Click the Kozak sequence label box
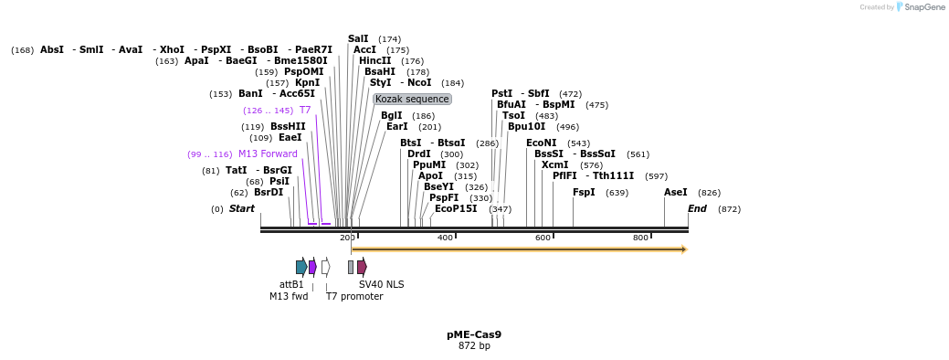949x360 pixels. pos(412,99)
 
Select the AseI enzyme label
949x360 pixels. pos(675,192)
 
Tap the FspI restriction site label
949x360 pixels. pos(584,192)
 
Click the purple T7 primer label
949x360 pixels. pos(305,110)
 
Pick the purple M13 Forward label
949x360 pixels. pos(268,154)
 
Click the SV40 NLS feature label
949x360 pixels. pos(381,284)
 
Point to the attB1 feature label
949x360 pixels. pos(291,284)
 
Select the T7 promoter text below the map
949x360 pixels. pos(354,296)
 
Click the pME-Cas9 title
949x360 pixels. pos(474,334)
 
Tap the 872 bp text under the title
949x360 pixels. pos(474,345)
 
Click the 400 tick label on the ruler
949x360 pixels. pos(445,238)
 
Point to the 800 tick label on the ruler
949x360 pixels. pos(640,238)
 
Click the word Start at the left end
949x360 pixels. pos(242,208)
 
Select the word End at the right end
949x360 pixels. pos(697,208)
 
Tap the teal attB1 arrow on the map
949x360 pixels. pos(301,267)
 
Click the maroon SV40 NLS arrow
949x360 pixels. pos(362,267)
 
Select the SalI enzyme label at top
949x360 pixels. pos(358,38)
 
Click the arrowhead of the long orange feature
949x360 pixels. pos(683,249)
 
